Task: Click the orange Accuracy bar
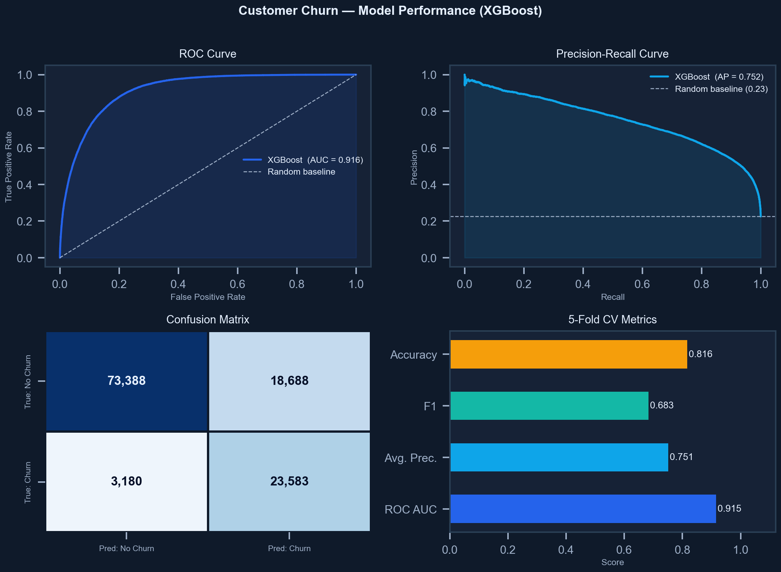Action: coord(568,354)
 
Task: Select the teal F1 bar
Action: coord(549,406)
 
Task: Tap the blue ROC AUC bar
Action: coord(583,509)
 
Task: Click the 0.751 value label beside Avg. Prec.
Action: coord(681,457)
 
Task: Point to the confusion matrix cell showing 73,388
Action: coord(126,381)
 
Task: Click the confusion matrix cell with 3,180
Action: coord(126,481)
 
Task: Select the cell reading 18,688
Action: coord(289,381)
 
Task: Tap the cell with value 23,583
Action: coord(289,481)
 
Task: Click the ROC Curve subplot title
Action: coord(208,54)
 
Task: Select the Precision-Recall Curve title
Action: coord(612,54)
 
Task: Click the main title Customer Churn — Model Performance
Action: coord(390,11)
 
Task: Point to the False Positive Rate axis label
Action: coord(208,297)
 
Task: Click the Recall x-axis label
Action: coord(612,297)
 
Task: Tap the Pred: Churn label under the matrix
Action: coord(289,548)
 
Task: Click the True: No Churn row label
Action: coord(28,381)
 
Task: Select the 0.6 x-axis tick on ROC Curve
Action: coord(237,284)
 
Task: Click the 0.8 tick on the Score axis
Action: coord(682,550)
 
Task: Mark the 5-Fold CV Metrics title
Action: coord(612,320)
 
